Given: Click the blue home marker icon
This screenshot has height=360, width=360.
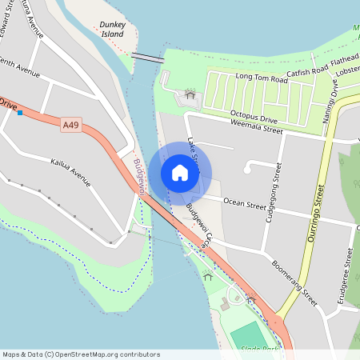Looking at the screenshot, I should point(180,173).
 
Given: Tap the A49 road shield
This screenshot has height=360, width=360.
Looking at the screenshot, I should point(70,124).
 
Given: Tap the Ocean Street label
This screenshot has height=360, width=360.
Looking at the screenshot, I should point(245,204).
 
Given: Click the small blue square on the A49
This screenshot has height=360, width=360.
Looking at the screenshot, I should point(19,113).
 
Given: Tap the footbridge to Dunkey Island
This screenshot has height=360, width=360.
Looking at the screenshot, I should point(147,57).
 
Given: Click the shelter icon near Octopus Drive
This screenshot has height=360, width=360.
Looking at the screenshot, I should point(190,95).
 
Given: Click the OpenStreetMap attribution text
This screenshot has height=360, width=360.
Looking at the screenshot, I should point(82,354).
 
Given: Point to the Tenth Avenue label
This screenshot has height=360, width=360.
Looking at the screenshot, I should point(19,67).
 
